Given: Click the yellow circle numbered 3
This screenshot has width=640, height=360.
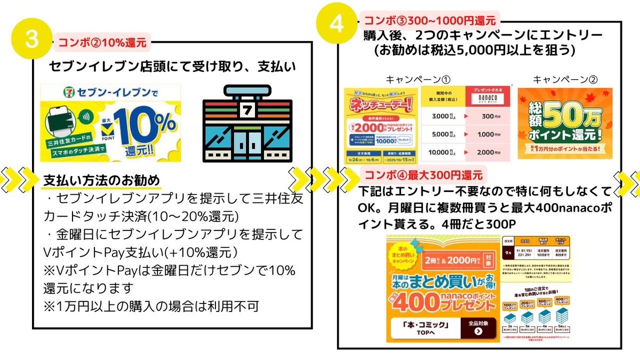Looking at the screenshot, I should (34, 40).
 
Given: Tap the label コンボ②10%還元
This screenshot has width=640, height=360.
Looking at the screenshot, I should (101, 43).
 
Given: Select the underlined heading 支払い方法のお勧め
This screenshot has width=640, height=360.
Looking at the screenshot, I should (101, 180).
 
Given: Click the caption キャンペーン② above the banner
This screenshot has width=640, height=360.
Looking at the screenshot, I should (565, 79).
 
